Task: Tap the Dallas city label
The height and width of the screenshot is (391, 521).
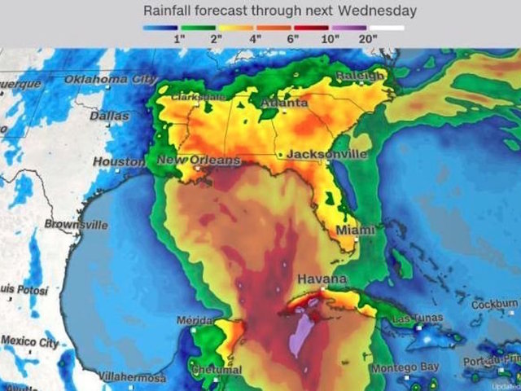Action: coord(109,116)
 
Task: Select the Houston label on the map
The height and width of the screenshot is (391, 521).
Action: coord(119,162)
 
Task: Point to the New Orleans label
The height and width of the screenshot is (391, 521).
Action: coord(199,160)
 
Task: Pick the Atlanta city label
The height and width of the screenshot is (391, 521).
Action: coord(284,104)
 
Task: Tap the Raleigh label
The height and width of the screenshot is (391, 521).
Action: coord(359,76)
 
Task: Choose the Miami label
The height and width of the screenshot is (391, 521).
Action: coord(356,231)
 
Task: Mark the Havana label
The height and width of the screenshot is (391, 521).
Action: coord(322,279)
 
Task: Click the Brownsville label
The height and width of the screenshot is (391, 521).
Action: coord(76,224)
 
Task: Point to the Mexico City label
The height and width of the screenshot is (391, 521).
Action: coord(29,340)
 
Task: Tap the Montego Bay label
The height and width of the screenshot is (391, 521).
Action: coord(405,368)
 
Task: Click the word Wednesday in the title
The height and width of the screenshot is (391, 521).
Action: coord(379,11)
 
